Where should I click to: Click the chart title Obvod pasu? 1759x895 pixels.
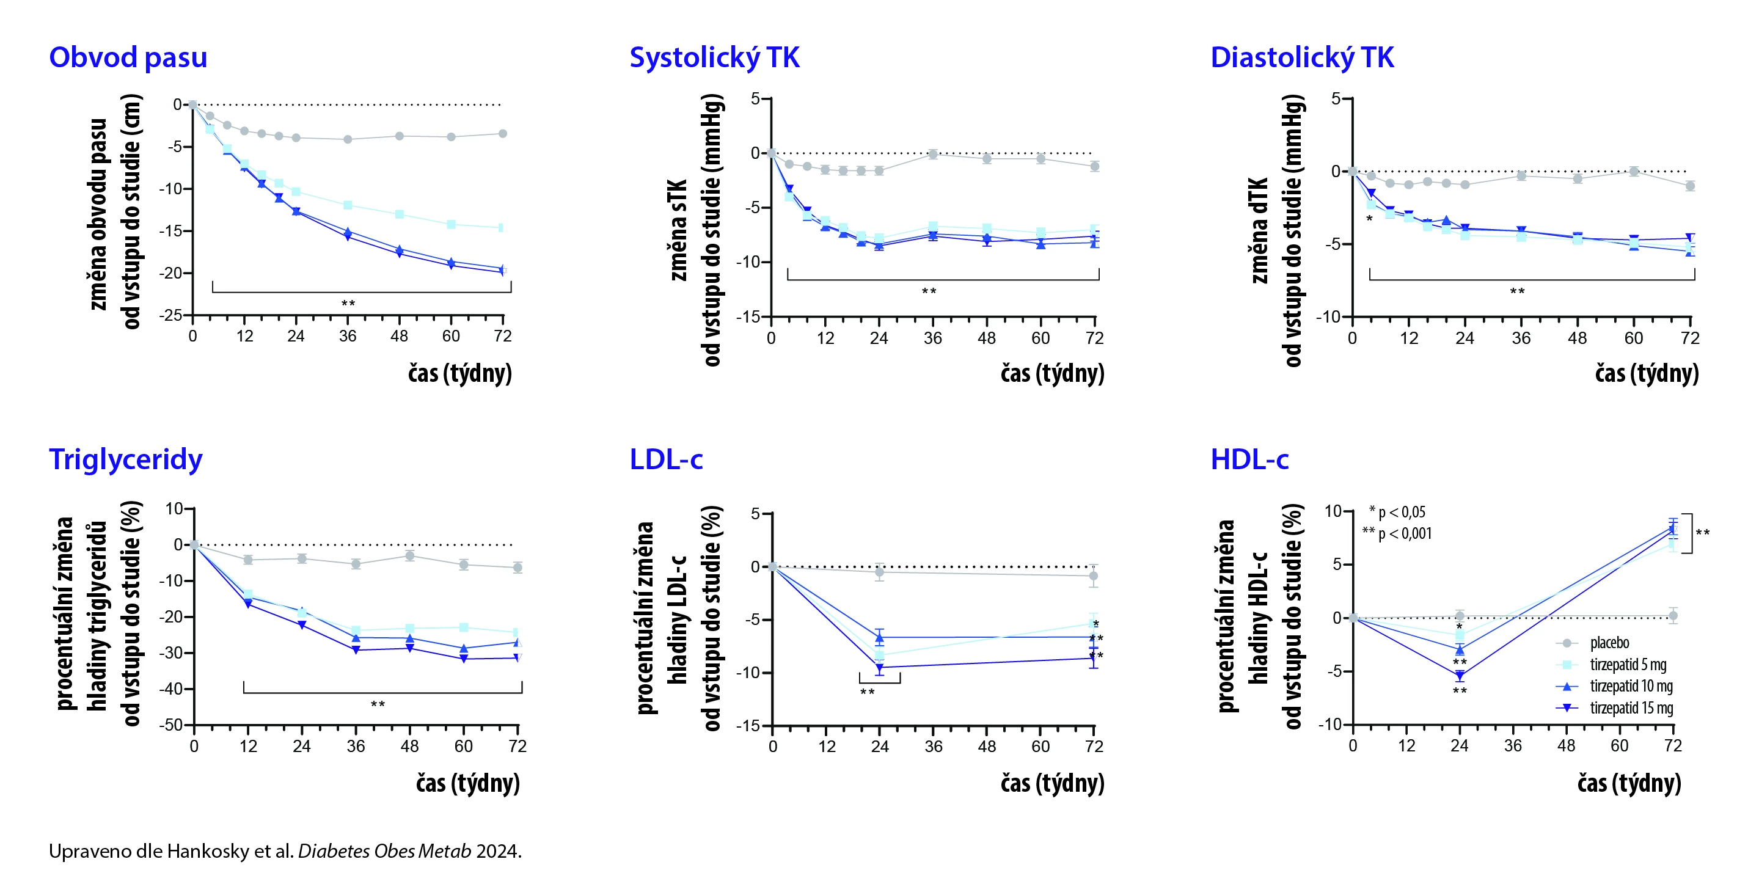coord(128,57)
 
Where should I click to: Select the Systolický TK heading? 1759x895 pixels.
coord(714,57)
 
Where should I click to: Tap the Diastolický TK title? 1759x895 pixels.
coord(1301,57)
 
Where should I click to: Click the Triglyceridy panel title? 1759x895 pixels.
coord(126,459)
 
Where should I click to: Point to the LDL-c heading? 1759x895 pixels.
coord(666,459)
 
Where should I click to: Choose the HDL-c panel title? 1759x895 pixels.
coord(1249,459)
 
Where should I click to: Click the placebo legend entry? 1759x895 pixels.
coord(1609,643)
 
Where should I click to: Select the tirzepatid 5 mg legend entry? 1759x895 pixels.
coord(1628,665)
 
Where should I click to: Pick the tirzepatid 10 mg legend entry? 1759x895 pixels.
coord(1631,686)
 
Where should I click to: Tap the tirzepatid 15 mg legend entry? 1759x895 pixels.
coord(1631,708)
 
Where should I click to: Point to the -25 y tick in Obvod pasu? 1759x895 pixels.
coord(170,315)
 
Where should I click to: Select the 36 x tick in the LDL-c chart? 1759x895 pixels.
coord(934,746)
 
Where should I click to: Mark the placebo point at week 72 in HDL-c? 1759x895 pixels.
coord(1672,616)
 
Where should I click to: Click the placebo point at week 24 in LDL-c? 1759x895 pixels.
coord(880,572)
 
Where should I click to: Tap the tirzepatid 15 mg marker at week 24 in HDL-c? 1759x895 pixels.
coord(1459,676)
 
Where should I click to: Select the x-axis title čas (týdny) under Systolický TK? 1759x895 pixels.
coord(1052,373)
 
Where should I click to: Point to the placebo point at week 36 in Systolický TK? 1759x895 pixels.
coord(933,155)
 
